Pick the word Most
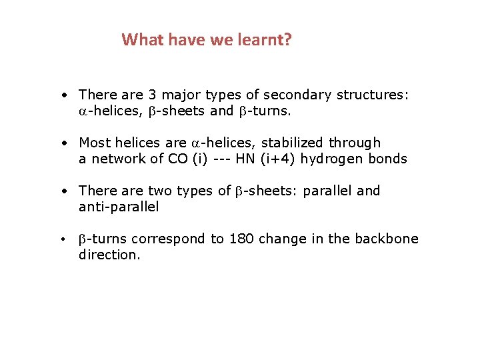[93, 143]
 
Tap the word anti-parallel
[119, 207]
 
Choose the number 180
[242, 239]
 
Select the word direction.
[110, 255]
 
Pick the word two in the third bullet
[160, 191]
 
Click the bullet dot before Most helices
[61, 143]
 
